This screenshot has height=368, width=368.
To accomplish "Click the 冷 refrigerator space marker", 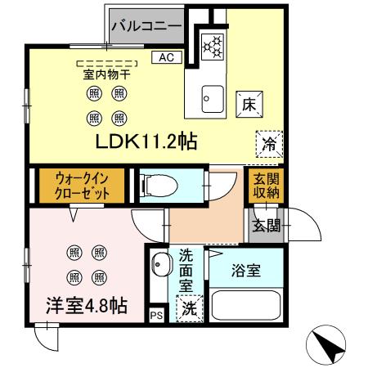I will tap(268, 144).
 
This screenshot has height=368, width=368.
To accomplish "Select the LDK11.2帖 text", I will tap(146, 141).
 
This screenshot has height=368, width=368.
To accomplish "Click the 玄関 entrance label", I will tap(265, 225).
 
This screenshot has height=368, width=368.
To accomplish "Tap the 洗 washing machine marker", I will tap(189, 310).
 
